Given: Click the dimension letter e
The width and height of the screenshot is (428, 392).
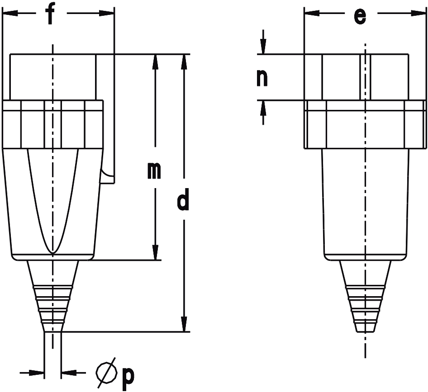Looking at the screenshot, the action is point(360,16).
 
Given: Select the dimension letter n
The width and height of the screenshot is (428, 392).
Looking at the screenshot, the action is point(262,78).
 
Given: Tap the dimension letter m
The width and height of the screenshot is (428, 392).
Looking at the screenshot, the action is point(154,171).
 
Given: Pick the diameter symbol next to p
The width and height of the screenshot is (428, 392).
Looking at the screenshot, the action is point(107,373).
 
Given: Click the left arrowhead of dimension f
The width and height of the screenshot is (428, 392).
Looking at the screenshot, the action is point(10,13).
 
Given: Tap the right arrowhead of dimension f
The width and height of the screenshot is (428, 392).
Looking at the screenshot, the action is point(106,13).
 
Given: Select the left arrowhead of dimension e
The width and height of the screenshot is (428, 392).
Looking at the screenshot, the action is point(312,13).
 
